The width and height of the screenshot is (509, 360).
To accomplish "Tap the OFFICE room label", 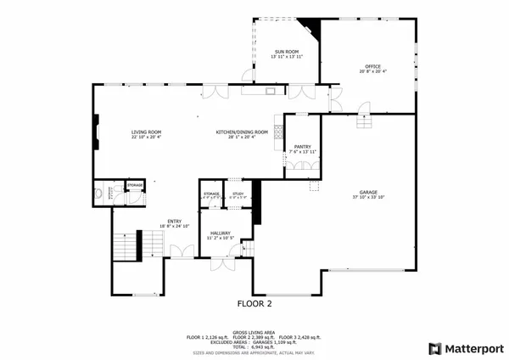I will tap(372, 66).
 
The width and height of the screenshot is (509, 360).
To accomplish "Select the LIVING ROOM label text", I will tap(146, 132).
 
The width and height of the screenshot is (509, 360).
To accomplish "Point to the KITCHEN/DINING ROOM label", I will tap(242, 132).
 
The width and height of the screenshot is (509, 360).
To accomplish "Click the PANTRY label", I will tap(302, 147).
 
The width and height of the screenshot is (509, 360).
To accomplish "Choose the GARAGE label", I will tap(367, 192).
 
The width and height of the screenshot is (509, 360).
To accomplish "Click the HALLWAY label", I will tap(219, 232).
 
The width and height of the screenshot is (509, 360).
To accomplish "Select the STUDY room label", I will tap(238, 194).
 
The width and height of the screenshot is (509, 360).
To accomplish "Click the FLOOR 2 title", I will tap(254, 302).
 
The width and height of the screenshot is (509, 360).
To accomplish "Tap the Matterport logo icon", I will tap(435, 348).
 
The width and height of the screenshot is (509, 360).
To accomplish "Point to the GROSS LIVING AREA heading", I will tap(254, 333).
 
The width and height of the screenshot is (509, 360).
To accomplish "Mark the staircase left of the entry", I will tap(127, 247).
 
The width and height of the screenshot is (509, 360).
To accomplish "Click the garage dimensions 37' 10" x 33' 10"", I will tap(367, 197).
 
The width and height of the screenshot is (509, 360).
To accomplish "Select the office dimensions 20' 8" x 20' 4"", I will tap(372, 71).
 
